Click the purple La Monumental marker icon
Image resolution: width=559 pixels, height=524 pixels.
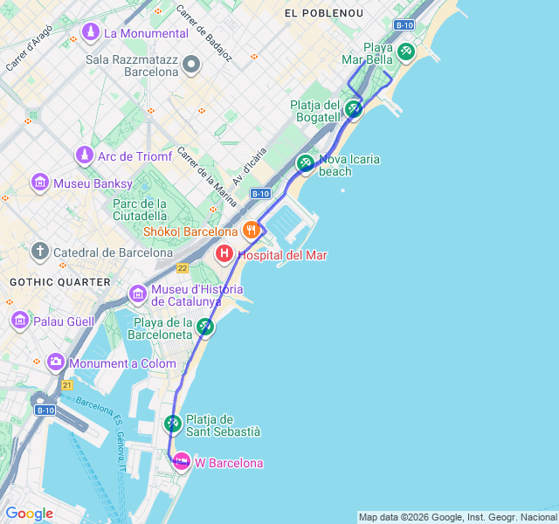pos(90,32)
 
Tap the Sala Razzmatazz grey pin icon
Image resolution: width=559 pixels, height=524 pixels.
pos(190,65)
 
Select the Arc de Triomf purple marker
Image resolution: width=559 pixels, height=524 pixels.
pos(84,156)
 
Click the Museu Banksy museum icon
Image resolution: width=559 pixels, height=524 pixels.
pos(39,183)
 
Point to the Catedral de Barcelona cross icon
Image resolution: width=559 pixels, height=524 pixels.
pos(39,252)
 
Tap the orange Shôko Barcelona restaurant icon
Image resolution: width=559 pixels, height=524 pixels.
pos(252,231)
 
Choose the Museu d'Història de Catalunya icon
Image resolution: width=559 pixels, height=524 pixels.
pos(137,293)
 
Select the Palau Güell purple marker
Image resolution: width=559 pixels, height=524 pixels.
pos(20,321)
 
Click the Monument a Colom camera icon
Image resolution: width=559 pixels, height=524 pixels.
pos(56,362)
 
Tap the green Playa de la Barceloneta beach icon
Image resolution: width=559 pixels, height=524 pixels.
pos(205,327)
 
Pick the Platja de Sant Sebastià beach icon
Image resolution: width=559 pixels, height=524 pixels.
pos(172,424)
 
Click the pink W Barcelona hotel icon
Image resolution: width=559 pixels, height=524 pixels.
pos(182,462)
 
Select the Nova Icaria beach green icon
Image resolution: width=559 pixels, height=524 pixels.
pos(305,162)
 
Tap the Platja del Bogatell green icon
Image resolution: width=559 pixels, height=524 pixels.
pos(353,109)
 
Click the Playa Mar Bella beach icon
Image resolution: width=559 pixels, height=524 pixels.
pos(405,52)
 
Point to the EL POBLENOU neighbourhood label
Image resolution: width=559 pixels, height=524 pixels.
pos(322,13)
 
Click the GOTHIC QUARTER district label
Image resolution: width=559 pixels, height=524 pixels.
pos(60,282)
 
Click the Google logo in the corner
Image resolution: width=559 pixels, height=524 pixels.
pos(29,514)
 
